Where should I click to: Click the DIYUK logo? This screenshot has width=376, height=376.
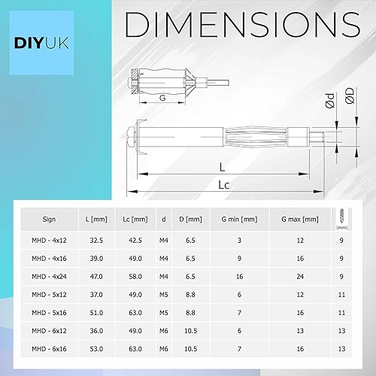point(41,43)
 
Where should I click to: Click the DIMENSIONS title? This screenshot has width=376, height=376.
point(243,25)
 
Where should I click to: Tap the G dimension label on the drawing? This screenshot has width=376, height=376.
point(162,98)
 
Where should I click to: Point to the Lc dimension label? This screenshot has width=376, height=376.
point(223,185)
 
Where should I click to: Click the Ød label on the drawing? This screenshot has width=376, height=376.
point(330,101)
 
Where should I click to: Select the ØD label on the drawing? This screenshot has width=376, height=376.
point(350,96)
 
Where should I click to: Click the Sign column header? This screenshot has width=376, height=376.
point(49,220)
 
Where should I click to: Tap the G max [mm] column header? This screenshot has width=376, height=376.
point(300,220)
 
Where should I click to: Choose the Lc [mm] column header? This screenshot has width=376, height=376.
point(135,220)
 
